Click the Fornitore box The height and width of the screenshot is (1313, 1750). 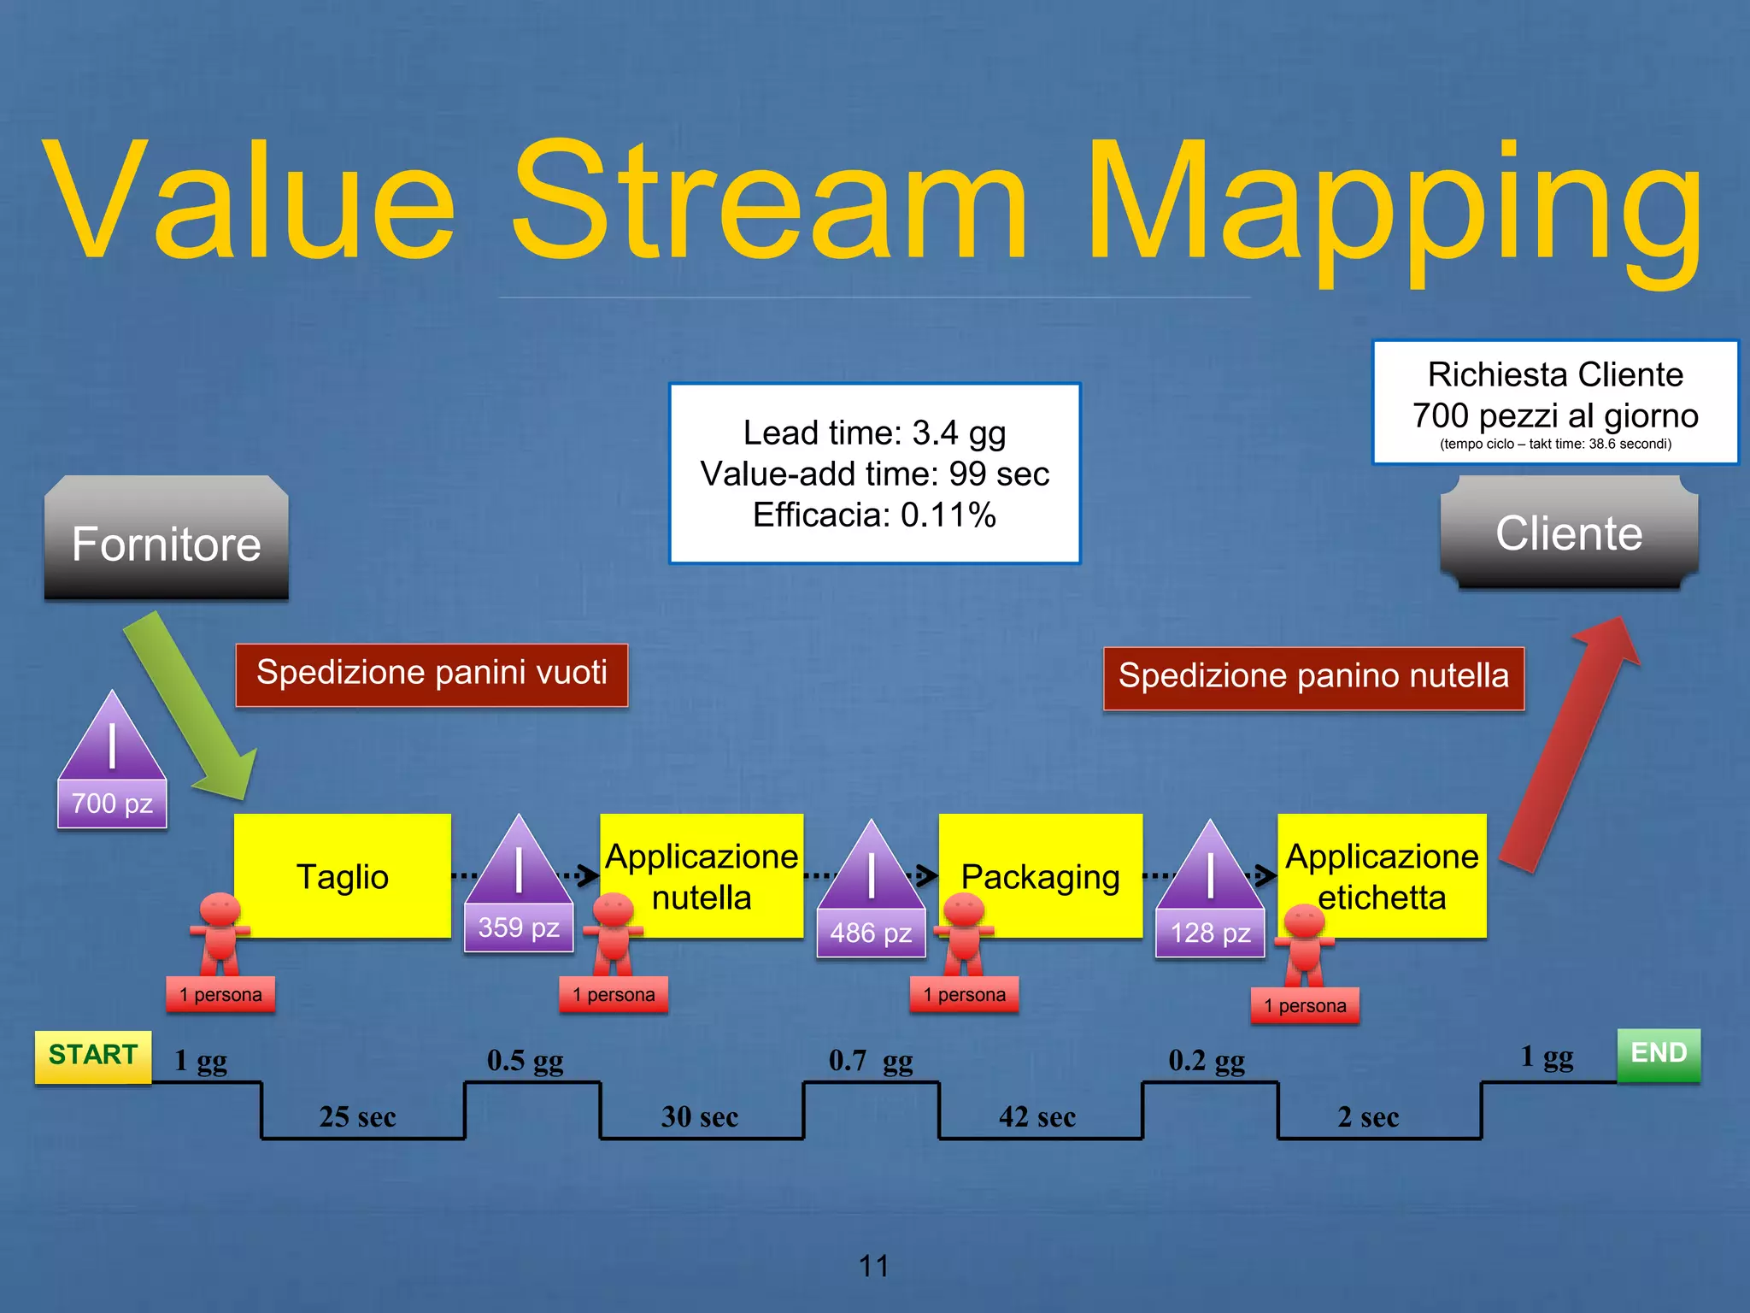tap(166, 539)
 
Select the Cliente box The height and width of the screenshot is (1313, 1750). tap(1569, 533)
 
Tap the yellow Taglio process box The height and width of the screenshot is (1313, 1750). tap(342, 876)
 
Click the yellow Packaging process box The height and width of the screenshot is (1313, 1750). tap(1040, 876)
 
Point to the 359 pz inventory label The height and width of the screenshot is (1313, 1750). tap(519, 927)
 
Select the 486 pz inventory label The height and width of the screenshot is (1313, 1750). tap(871, 933)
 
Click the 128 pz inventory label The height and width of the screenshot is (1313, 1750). tap(1210, 933)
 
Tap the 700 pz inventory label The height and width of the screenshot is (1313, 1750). tap(112, 804)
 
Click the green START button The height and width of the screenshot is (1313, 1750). tap(93, 1056)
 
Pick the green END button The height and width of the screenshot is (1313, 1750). tap(1659, 1054)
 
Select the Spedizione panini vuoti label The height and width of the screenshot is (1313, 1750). tap(432, 674)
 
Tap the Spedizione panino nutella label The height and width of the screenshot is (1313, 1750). tap(1313, 677)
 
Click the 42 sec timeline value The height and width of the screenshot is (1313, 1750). tap(1036, 1117)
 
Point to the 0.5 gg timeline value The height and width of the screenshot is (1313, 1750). tap(525, 1061)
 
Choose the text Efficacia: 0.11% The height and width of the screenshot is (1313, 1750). tap(874, 515)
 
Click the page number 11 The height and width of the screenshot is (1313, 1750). tap(873, 1265)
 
